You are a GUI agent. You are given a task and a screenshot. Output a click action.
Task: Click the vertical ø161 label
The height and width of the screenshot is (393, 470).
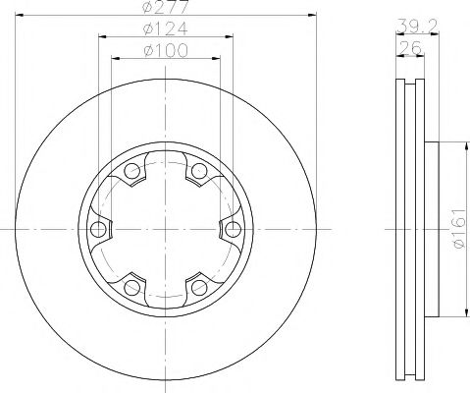(457, 230)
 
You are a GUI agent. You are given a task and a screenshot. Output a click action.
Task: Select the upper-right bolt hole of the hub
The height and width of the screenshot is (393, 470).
(199, 173)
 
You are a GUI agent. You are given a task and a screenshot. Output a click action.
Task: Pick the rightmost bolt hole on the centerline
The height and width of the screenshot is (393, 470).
(233, 230)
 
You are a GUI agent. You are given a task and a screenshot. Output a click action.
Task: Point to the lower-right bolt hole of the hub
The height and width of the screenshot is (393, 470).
(199, 287)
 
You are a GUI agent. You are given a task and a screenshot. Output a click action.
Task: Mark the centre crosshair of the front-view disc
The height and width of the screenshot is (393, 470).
(165, 230)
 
